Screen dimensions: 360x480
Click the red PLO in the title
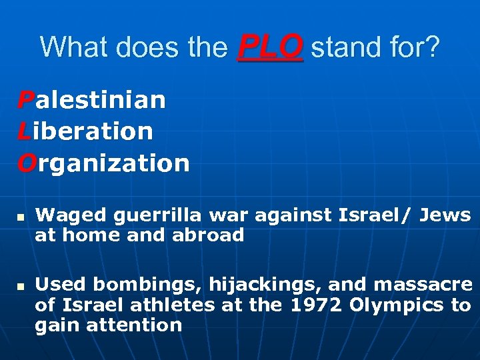[x=270, y=47]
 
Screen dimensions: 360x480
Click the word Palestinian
[x=91, y=101]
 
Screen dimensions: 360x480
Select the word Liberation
[x=85, y=131]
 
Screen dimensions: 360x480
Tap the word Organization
[x=103, y=163]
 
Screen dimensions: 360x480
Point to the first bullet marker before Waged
[x=21, y=217]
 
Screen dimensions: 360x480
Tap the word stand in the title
[x=343, y=47]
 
